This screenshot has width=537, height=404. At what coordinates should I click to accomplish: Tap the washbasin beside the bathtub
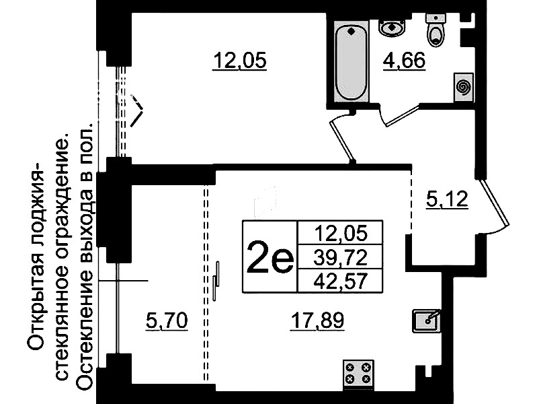point(392,27)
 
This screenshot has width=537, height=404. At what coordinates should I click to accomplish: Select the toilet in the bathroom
point(436,30)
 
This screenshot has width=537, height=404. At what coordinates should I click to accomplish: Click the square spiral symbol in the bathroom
point(464,87)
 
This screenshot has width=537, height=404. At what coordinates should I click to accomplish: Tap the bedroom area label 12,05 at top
point(240,61)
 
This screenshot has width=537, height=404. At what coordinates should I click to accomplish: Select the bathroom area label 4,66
point(404,61)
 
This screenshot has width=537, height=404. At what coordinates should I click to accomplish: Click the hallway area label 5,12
point(447,199)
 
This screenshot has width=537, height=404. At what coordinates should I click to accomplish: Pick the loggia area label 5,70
point(167,321)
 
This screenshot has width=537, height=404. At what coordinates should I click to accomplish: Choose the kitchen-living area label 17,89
point(317,321)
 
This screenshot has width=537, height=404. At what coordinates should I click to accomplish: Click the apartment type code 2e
point(270,257)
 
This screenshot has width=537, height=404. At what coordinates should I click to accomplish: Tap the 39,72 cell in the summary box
point(341,257)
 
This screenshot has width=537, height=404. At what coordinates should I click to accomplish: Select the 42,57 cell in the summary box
point(341,281)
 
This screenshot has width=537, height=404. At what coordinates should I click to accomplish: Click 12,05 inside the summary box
point(341,233)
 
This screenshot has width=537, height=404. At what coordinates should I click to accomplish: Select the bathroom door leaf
point(403,116)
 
